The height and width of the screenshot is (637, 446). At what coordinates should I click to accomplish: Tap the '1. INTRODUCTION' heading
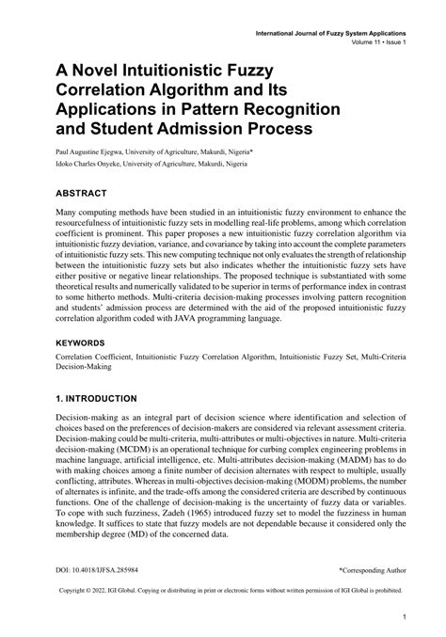104,398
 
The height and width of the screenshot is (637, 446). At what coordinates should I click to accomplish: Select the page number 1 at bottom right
404,620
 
